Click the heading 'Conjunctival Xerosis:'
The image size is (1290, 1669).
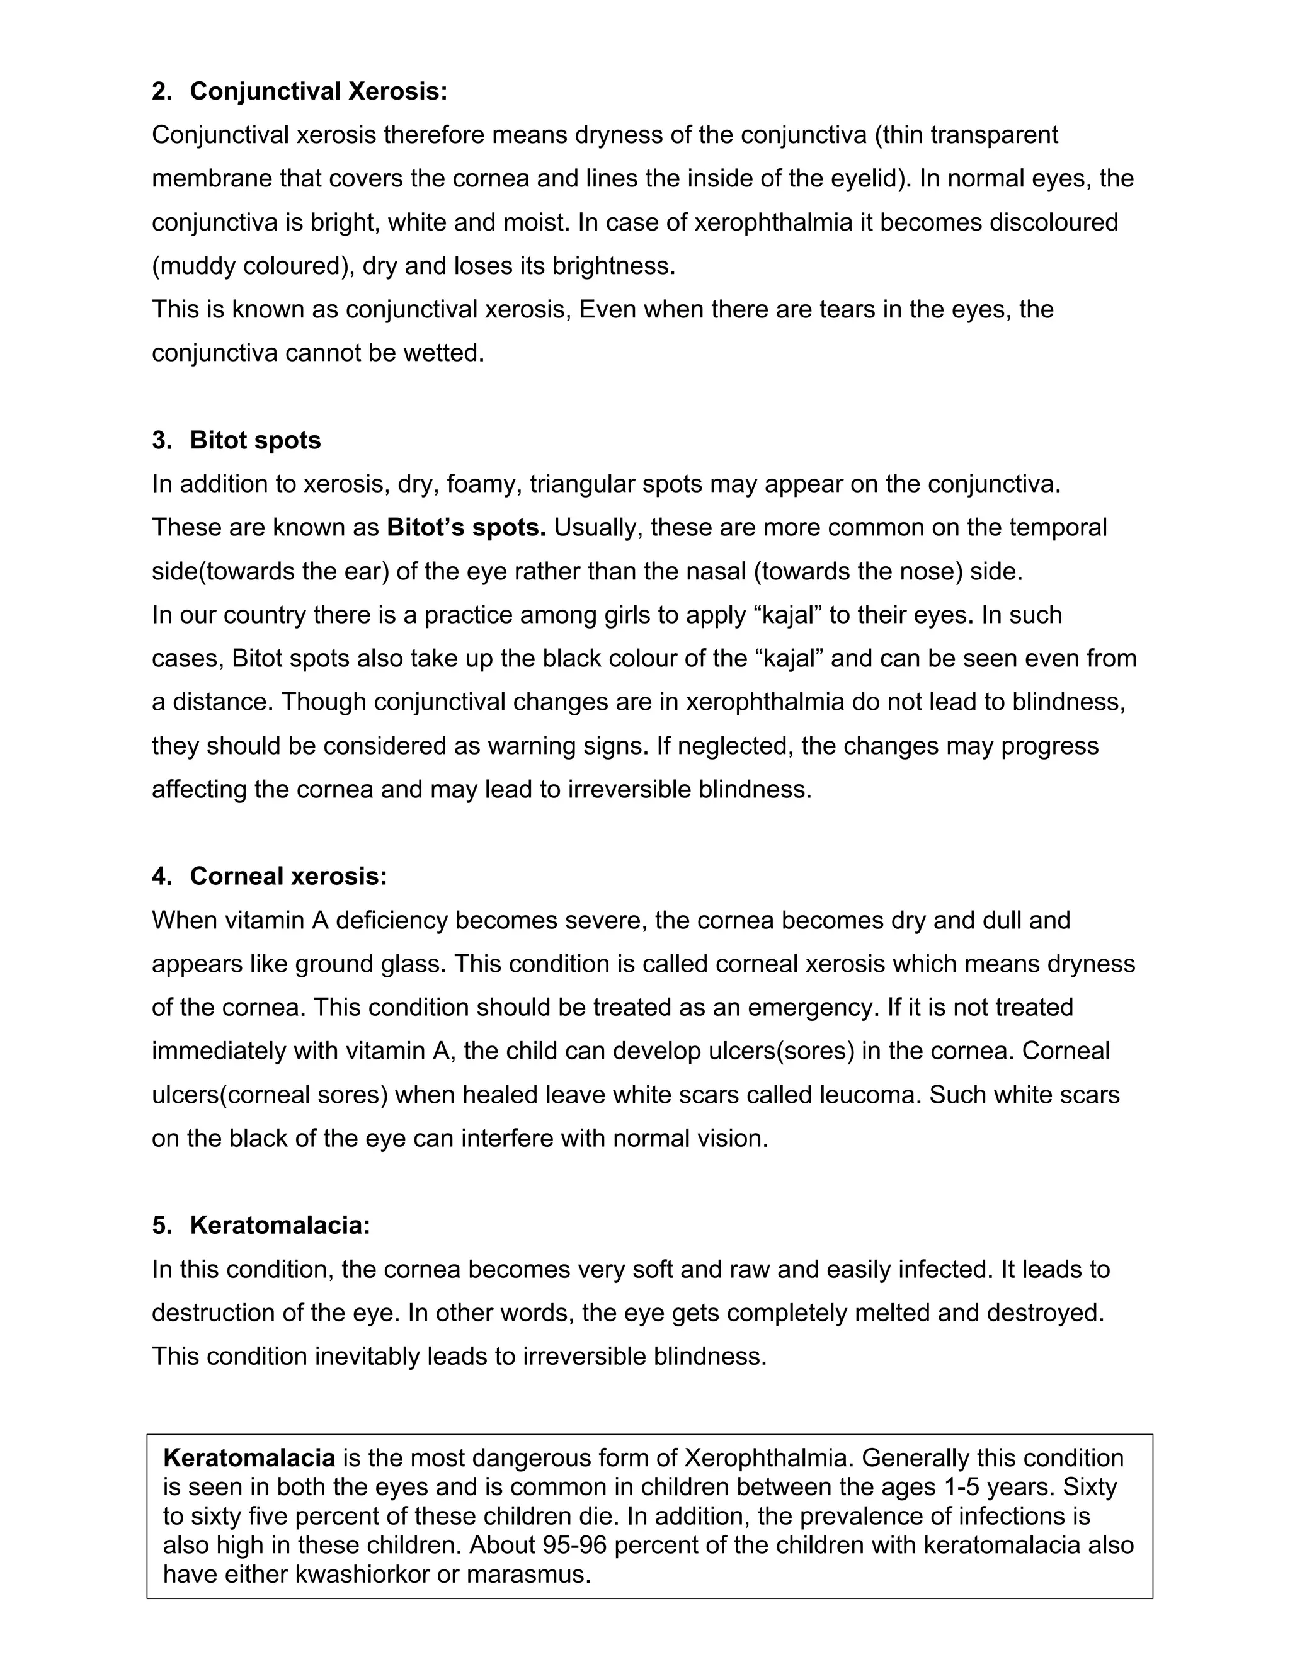tap(318, 92)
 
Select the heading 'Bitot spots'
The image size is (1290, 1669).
tap(255, 441)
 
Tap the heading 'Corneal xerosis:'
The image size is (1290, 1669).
tap(288, 877)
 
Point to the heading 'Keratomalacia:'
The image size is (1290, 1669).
tap(280, 1226)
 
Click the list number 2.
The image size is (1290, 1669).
tap(161, 92)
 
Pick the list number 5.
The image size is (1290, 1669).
tap(161, 1226)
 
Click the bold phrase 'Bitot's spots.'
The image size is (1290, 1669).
tap(466, 528)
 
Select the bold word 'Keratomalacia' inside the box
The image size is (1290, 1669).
tap(249, 1458)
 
